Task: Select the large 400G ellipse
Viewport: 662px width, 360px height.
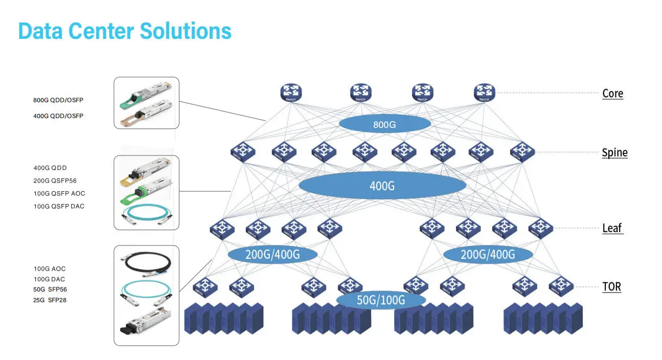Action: tap(382, 185)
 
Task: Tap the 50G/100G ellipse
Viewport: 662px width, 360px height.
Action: tap(381, 300)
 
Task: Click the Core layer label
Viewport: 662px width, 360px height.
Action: tap(612, 94)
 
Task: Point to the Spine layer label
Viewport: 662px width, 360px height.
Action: tap(614, 152)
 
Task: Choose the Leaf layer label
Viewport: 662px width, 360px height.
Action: tap(612, 228)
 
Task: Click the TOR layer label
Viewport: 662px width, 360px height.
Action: tap(611, 286)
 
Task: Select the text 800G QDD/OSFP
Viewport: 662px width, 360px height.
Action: tap(58, 100)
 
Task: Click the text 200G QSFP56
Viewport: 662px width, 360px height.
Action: tap(55, 181)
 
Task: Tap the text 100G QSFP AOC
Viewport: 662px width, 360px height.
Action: tap(59, 193)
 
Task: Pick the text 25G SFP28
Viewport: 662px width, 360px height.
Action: tap(50, 300)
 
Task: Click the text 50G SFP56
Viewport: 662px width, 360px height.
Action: tap(50, 289)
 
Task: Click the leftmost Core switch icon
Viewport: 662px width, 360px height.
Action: tap(291, 93)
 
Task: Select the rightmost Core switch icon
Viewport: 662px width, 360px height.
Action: tap(485, 93)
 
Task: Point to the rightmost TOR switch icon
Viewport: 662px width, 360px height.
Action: tap(561, 286)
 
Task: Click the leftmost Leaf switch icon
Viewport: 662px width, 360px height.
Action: tap(222, 228)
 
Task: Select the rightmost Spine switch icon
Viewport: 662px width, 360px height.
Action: tap(522, 151)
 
